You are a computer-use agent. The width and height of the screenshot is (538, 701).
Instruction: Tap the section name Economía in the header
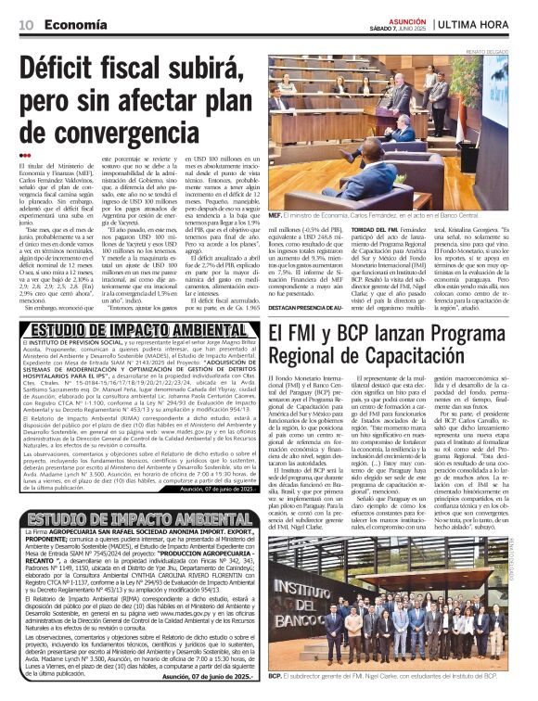(68, 24)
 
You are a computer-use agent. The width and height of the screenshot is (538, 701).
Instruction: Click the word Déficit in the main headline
(80, 72)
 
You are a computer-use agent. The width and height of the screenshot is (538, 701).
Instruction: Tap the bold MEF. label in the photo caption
(275, 214)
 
